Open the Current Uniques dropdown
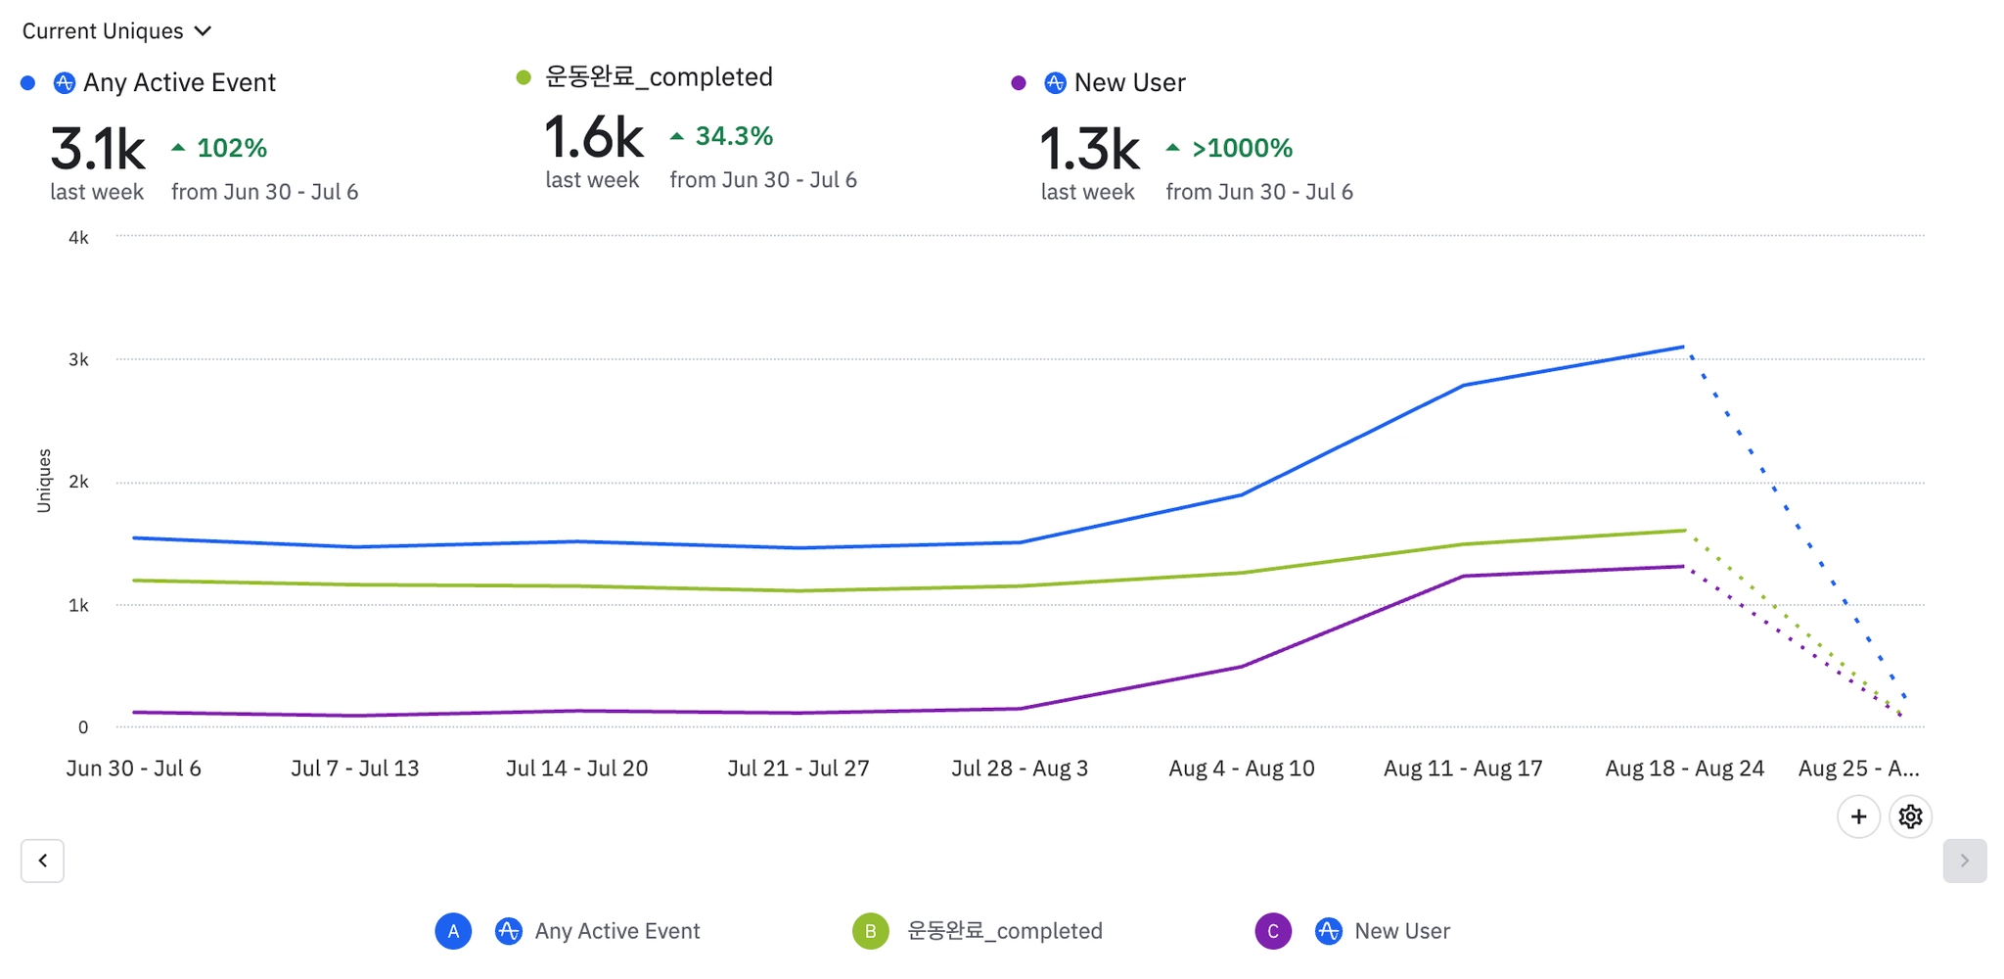coord(116,31)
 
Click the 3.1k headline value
coord(98,149)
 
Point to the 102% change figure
coord(232,148)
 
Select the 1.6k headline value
coord(593,137)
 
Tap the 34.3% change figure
coord(734,136)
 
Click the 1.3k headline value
coord(1089,149)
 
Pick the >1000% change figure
coord(1242,148)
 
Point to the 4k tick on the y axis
coord(78,238)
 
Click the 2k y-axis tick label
coord(78,482)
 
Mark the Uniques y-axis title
coord(44,481)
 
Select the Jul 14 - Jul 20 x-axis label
coord(576,769)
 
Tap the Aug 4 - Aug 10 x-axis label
coord(1241,769)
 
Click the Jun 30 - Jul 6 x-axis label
coord(134,769)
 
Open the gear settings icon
coord(1910,816)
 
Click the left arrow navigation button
coord(43,861)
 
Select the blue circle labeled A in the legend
coord(453,931)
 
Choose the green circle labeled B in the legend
coord(870,931)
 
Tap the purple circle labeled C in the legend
coord(1273,931)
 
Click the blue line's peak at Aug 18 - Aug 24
coord(1683,347)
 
